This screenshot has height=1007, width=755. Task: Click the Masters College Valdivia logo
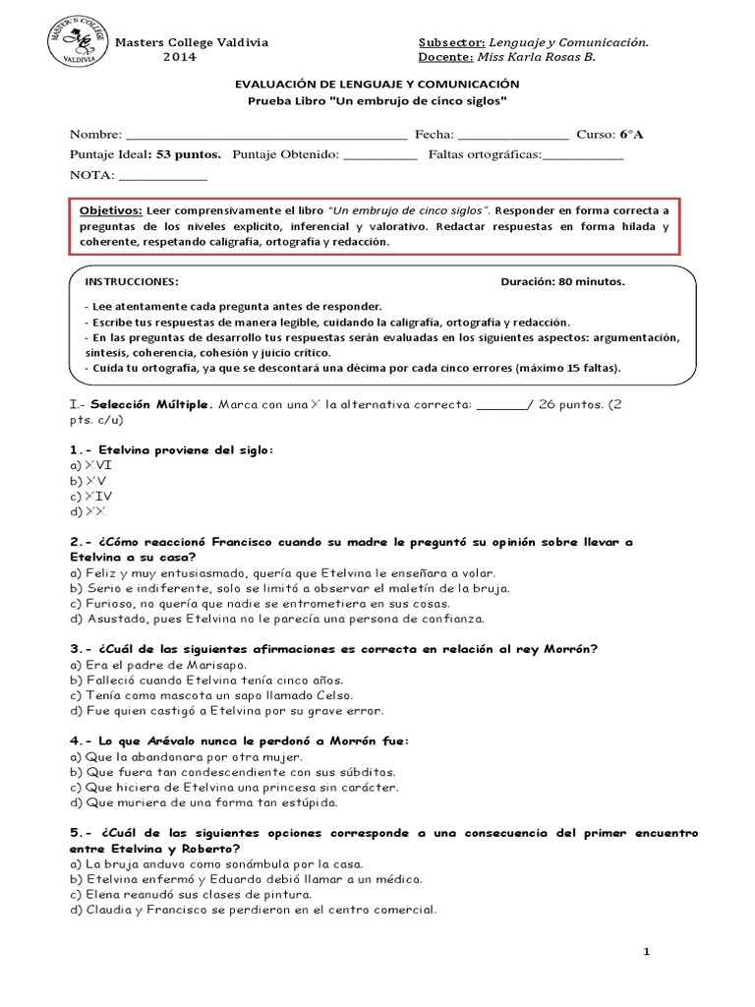[x=75, y=42]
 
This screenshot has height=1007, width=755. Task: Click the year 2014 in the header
[x=179, y=57]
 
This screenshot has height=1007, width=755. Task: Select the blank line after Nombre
[x=266, y=135]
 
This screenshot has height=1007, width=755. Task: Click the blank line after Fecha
[x=513, y=135]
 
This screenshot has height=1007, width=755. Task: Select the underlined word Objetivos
[x=110, y=211]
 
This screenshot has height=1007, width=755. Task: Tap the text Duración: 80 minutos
[x=562, y=281]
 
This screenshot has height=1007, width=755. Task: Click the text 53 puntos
[x=188, y=155]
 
